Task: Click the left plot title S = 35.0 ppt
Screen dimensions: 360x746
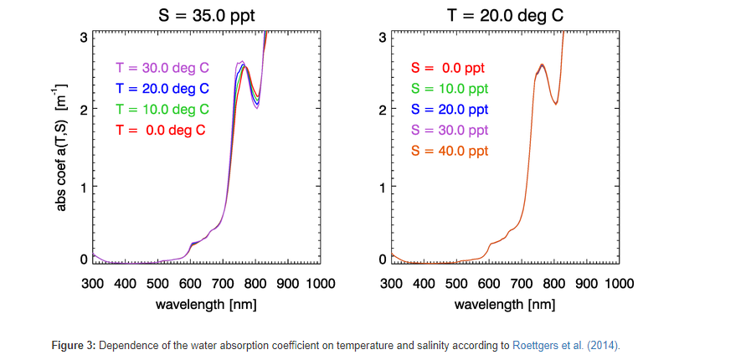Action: point(207,14)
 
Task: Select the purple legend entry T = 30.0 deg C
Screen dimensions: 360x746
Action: point(162,68)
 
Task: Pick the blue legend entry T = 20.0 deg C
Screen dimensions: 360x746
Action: point(162,89)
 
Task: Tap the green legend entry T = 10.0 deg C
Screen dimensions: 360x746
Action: point(162,110)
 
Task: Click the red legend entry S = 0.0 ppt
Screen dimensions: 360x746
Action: point(448,68)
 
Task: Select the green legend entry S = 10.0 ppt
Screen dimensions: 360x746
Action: point(448,89)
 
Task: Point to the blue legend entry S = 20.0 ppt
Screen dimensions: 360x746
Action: point(448,110)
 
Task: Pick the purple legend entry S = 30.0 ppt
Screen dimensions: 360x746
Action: point(448,131)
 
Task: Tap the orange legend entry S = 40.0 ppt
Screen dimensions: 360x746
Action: point(448,152)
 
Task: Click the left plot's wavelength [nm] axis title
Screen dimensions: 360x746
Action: point(206,304)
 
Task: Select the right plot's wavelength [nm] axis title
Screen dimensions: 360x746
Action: point(505,304)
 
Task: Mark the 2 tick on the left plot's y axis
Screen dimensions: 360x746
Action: point(84,110)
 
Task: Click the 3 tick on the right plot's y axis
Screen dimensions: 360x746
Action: point(382,38)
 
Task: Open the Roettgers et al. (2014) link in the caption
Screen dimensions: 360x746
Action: point(565,345)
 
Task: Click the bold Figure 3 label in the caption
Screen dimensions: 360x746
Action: point(73,345)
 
